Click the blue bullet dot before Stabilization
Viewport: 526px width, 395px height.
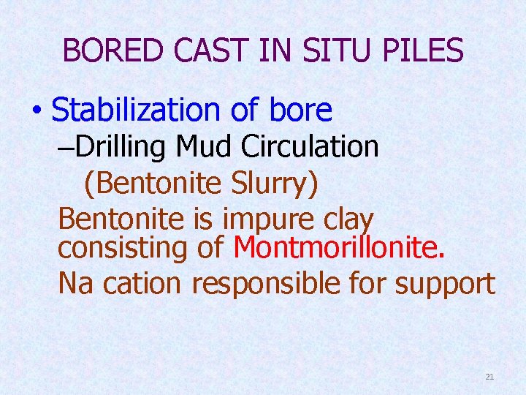[x=36, y=111]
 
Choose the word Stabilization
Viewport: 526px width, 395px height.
[x=140, y=110]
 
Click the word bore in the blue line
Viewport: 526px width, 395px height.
[x=301, y=110]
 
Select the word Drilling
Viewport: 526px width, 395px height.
[x=121, y=147]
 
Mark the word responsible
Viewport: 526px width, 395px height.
[x=279, y=283]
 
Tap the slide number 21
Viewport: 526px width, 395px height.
[x=489, y=377]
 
